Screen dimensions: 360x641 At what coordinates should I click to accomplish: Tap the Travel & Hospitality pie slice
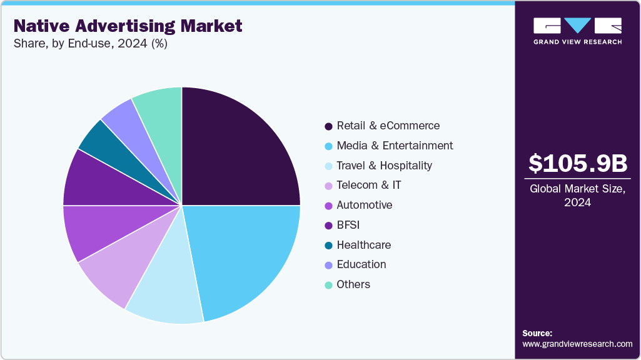(x=166, y=294)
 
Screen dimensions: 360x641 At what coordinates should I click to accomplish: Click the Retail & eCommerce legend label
(x=388, y=126)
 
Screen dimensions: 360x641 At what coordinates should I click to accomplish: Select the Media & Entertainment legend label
(x=395, y=146)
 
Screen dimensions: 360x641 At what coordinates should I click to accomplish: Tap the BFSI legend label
(x=348, y=225)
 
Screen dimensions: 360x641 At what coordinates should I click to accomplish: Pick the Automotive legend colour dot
(x=328, y=206)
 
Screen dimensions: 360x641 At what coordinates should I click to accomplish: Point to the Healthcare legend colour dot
(x=328, y=245)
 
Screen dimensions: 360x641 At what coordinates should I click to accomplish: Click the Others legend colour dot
(x=328, y=285)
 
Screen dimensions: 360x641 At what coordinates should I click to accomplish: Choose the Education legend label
(x=361, y=264)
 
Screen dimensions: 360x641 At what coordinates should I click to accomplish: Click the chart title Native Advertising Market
(x=128, y=26)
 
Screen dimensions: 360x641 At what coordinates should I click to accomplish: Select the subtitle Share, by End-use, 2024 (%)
(x=90, y=44)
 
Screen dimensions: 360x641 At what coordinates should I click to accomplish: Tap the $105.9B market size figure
(x=577, y=164)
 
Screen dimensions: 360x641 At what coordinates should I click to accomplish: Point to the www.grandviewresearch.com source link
(x=577, y=344)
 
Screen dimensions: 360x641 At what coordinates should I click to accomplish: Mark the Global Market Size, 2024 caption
(x=577, y=196)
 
